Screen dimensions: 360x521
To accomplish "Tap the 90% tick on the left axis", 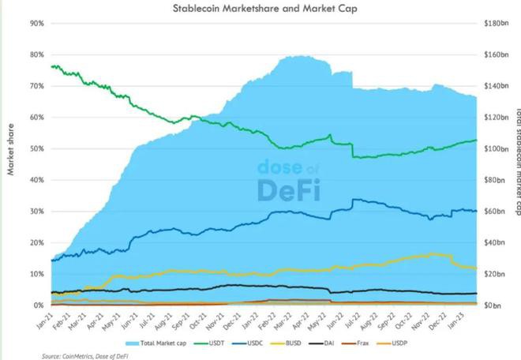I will click(36, 23).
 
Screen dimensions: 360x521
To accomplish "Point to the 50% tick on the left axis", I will click(36, 148).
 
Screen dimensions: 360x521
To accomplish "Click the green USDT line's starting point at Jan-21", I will click(52, 66).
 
